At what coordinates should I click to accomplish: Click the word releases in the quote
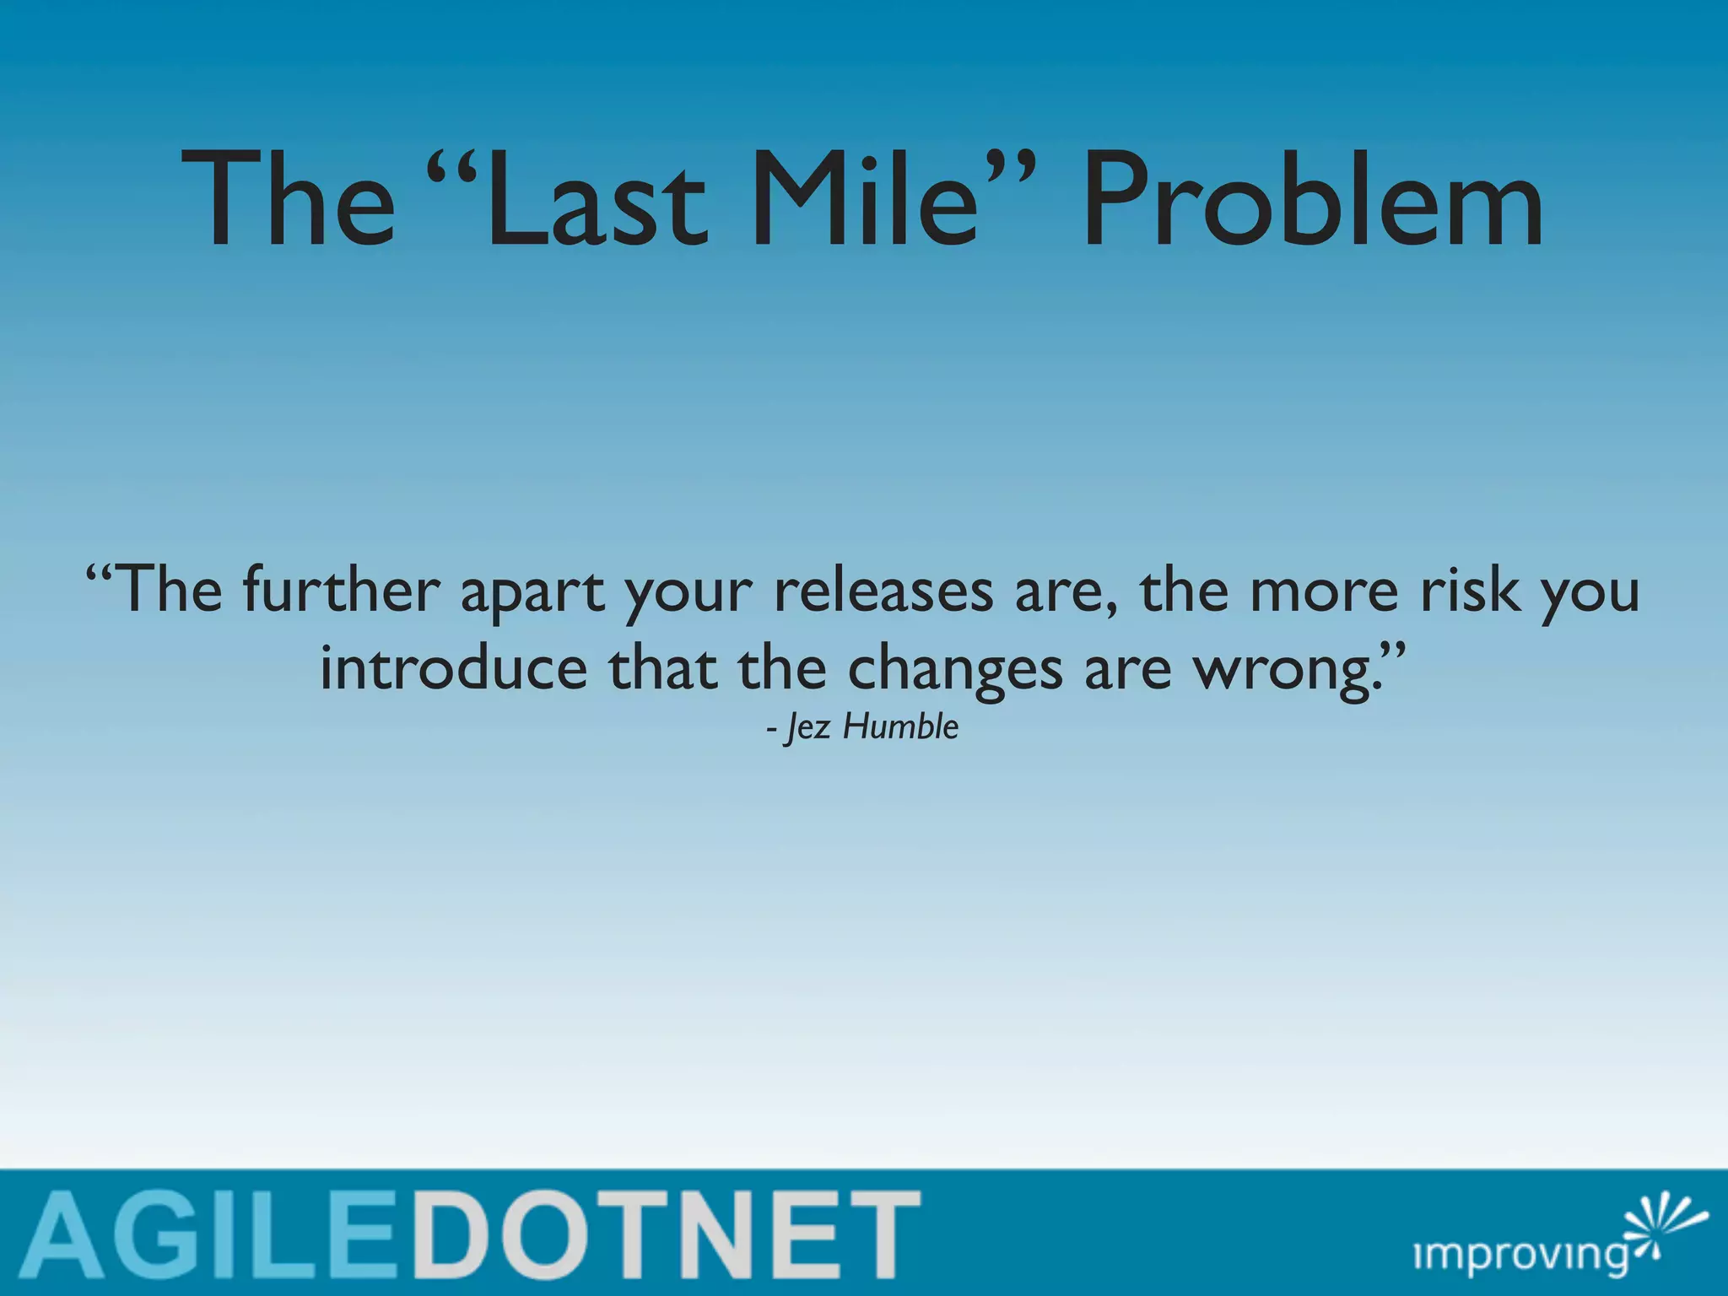883,591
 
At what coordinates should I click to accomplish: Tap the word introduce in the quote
453,668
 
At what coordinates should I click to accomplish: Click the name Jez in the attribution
807,727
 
